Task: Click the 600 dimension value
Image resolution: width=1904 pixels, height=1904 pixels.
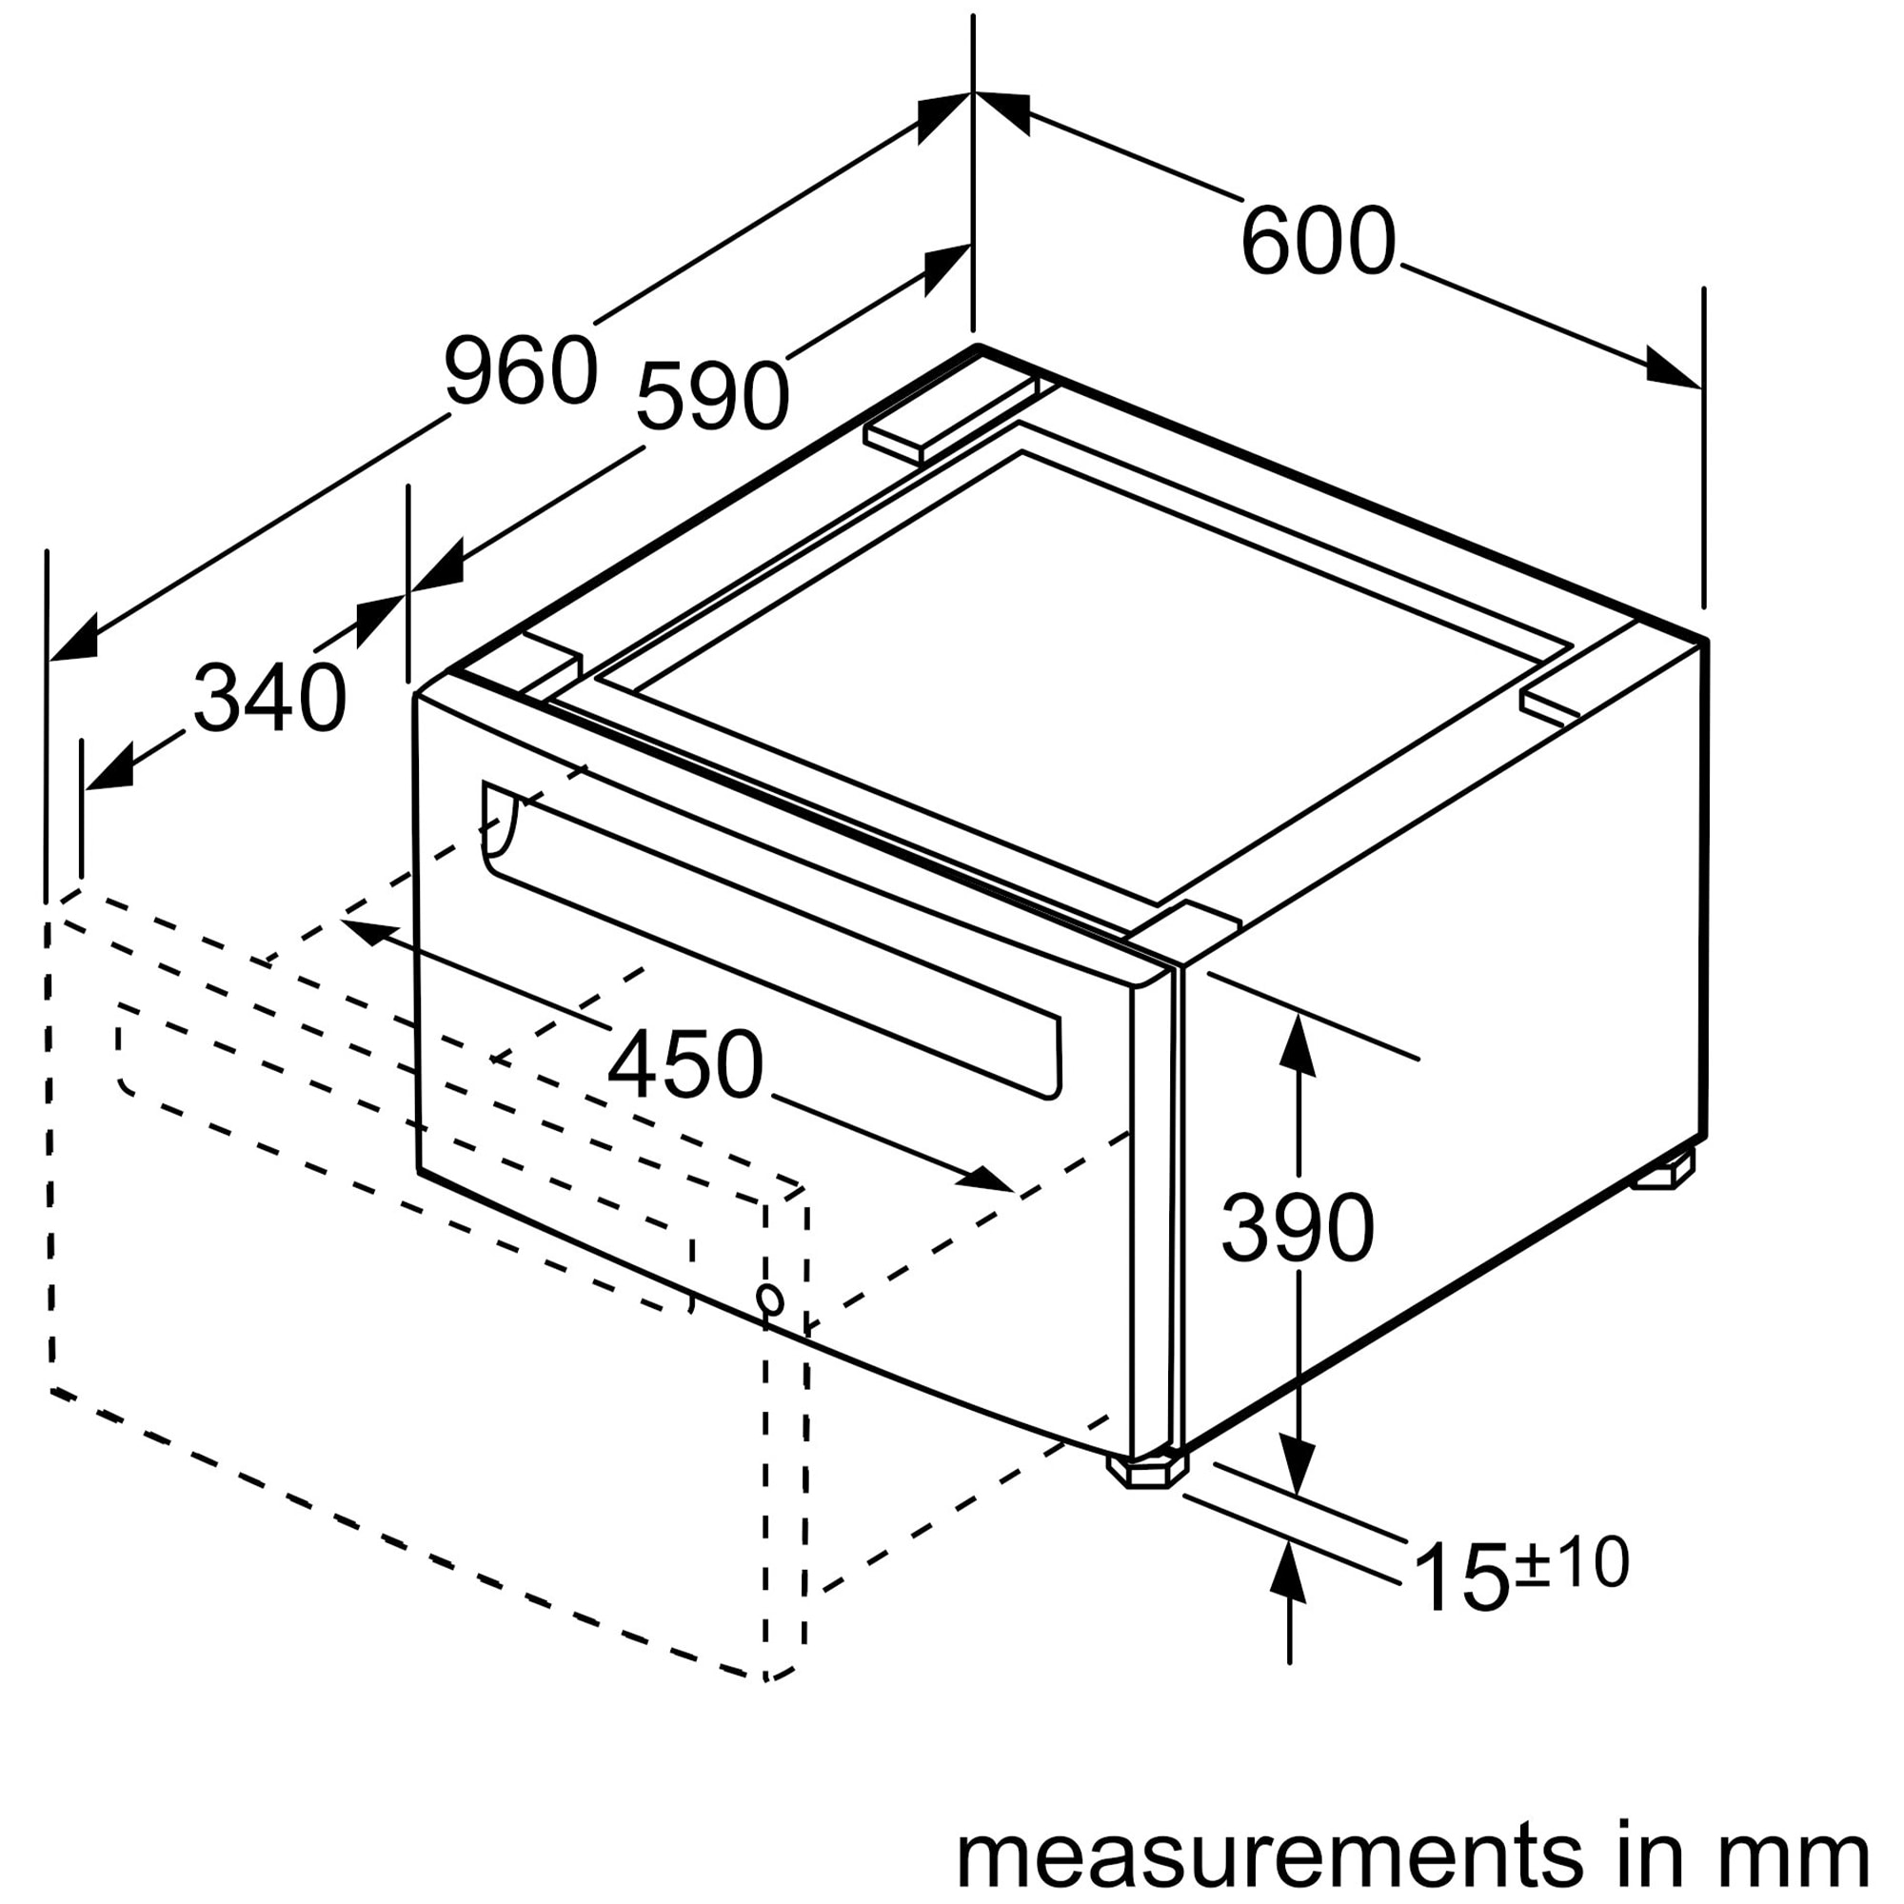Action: pyautogui.click(x=1318, y=241)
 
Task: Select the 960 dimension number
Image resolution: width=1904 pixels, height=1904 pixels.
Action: pyautogui.click(x=521, y=369)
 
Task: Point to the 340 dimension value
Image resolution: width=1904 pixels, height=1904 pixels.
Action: pyautogui.click(x=270, y=698)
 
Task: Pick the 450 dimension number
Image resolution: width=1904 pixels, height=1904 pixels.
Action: pyautogui.click(x=684, y=1064)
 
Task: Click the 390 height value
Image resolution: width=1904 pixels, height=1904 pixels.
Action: pyautogui.click(x=1297, y=1228)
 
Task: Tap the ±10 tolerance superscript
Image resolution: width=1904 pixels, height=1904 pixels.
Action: pyautogui.click(x=1571, y=1563)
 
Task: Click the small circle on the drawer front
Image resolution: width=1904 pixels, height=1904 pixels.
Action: pyautogui.click(x=771, y=1300)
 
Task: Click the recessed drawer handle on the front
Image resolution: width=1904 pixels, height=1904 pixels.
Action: pyautogui.click(x=768, y=936)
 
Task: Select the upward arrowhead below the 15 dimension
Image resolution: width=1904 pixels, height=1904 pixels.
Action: pyautogui.click(x=1289, y=1573)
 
